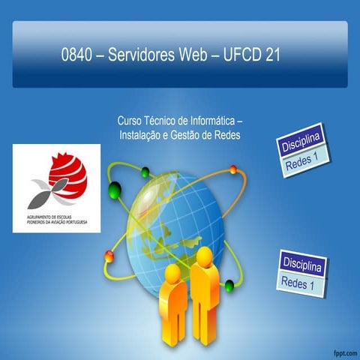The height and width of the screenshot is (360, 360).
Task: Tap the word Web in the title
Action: point(198,56)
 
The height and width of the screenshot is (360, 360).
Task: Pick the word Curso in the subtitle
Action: point(131,120)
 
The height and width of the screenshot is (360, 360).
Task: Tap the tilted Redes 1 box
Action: point(302,163)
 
